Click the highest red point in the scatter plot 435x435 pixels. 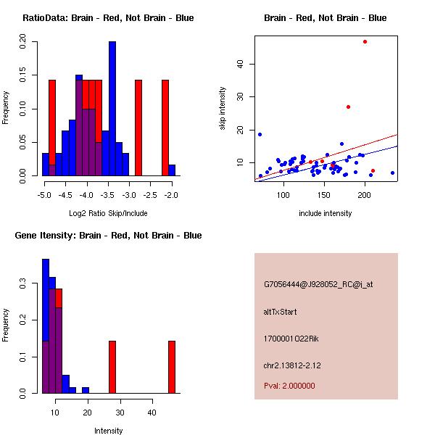(x=365, y=41)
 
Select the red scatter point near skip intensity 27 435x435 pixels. (x=348, y=107)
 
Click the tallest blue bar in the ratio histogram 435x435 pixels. (x=112, y=109)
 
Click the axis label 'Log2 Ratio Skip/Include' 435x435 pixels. (x=108, y=213)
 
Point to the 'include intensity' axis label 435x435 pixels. (x=326, y=213)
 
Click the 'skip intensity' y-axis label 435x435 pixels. (x=223, y=109)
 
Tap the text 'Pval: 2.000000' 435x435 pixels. (x=289, y=386)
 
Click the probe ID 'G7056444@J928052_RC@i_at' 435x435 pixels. (x=318, y=284)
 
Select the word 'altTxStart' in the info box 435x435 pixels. (x=281, y=312)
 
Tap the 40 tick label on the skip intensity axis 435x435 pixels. (x=240, y=63)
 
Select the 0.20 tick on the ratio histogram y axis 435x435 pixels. (x=22, y=43)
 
